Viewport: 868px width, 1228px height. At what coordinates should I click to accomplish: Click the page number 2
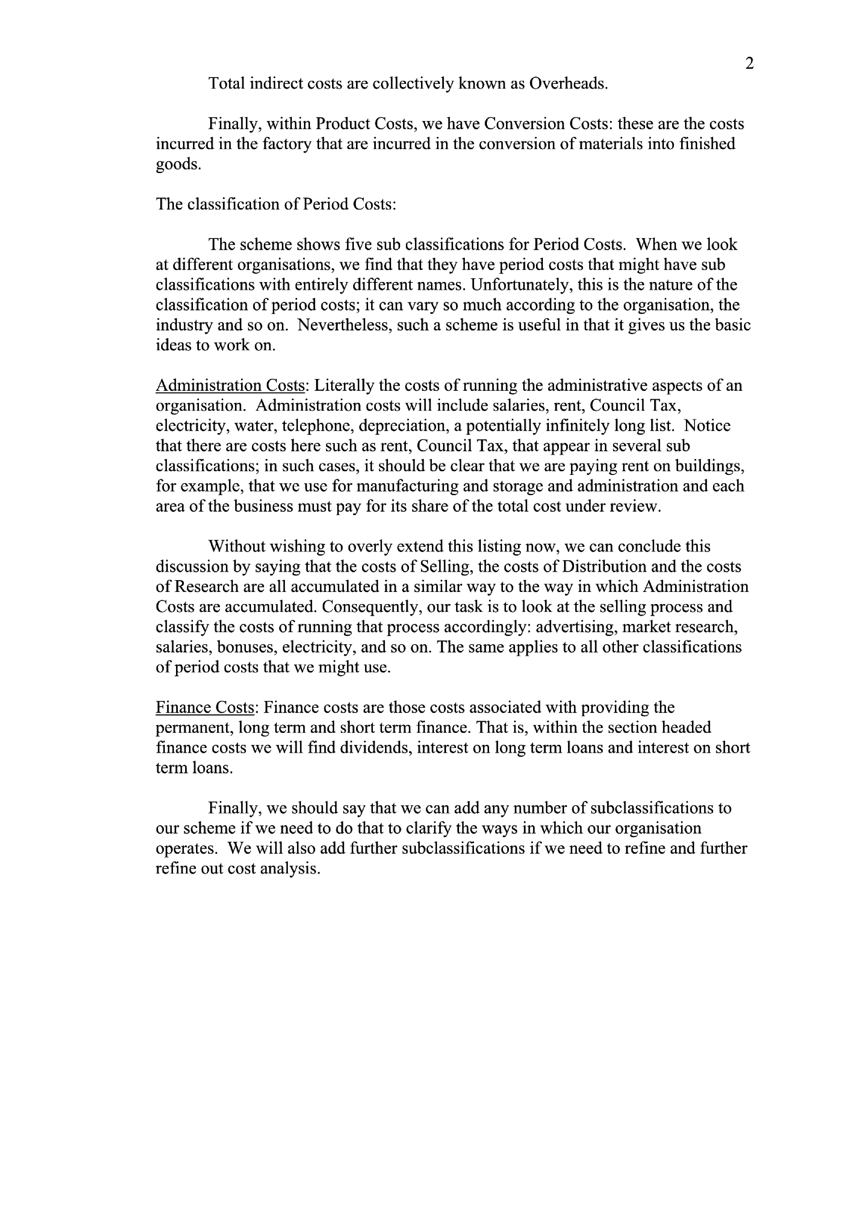click(x=749, y=64)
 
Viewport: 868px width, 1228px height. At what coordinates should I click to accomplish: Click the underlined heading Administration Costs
click(x=230, y=386)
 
